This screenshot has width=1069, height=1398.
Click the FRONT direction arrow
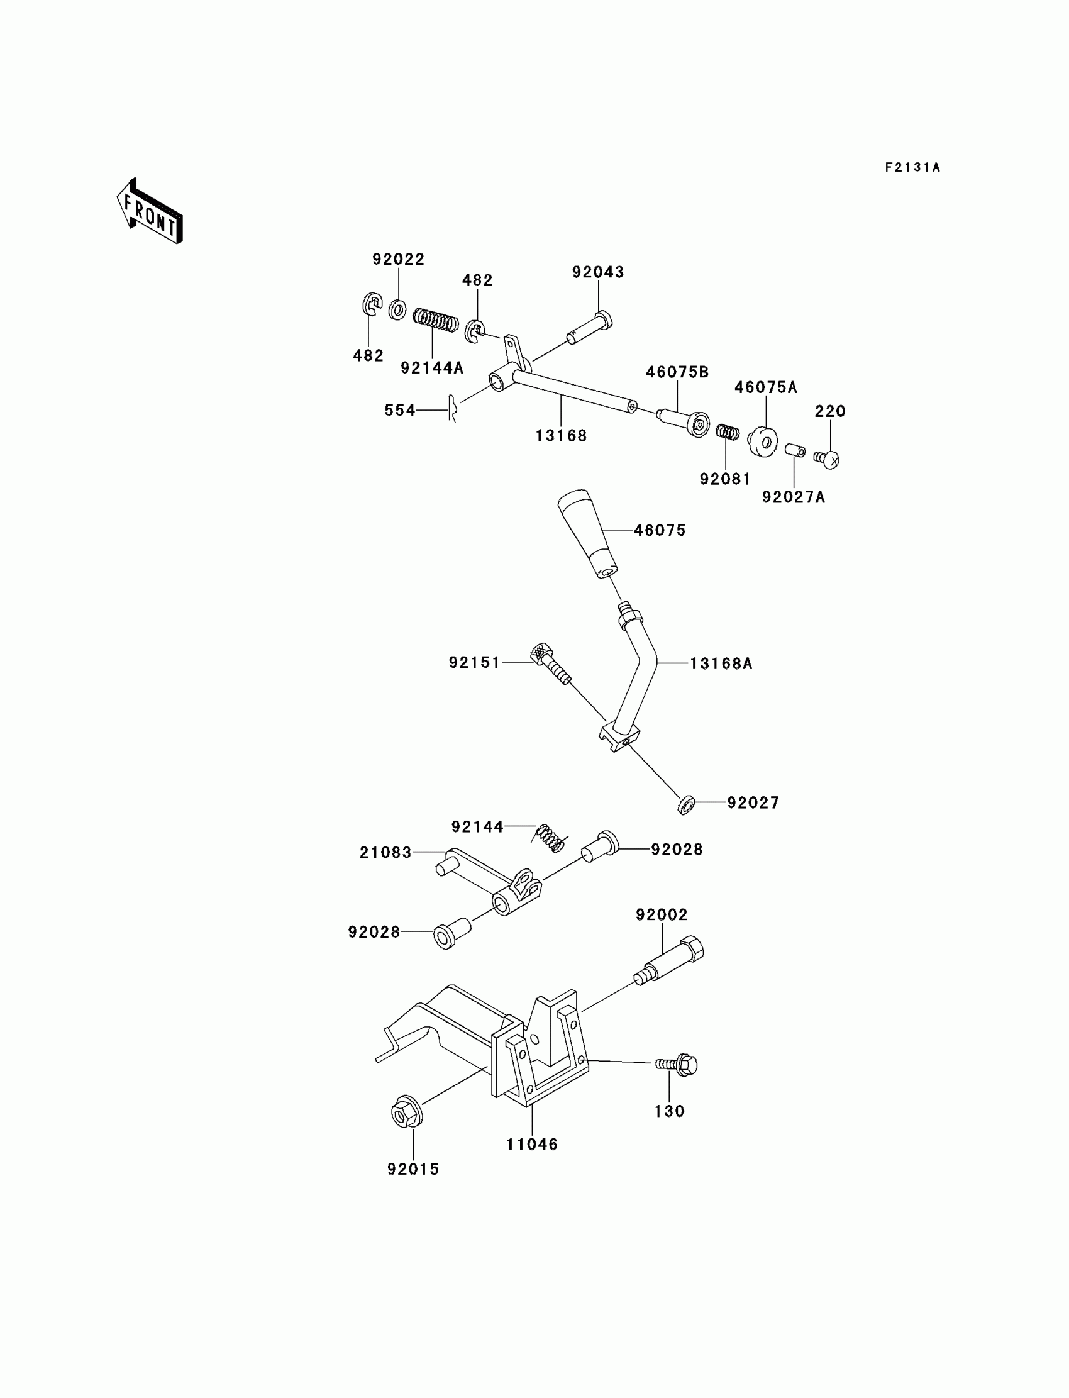[x=150, y=212]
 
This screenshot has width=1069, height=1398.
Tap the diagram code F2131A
[x=912, y=168]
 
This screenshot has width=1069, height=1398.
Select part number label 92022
[x=398, y=260]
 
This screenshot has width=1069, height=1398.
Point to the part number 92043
[x=598, y=272]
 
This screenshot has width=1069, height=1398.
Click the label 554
[x=399, y=411]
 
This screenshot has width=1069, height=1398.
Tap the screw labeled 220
[x=829, y=458]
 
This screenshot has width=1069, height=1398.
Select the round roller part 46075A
[x=763, y=441]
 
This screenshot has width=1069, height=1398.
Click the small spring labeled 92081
[x=728, y=432]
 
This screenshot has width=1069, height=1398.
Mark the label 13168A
[x=721, y=664]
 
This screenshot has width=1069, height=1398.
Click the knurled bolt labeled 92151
[x=550, y=664]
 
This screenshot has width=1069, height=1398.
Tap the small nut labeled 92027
[x=685, y=805]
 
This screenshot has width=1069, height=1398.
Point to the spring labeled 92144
[x=550, y=838]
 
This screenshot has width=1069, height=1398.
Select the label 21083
[x=385, y=853]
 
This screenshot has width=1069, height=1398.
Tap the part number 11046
[x=532, y=1145]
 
